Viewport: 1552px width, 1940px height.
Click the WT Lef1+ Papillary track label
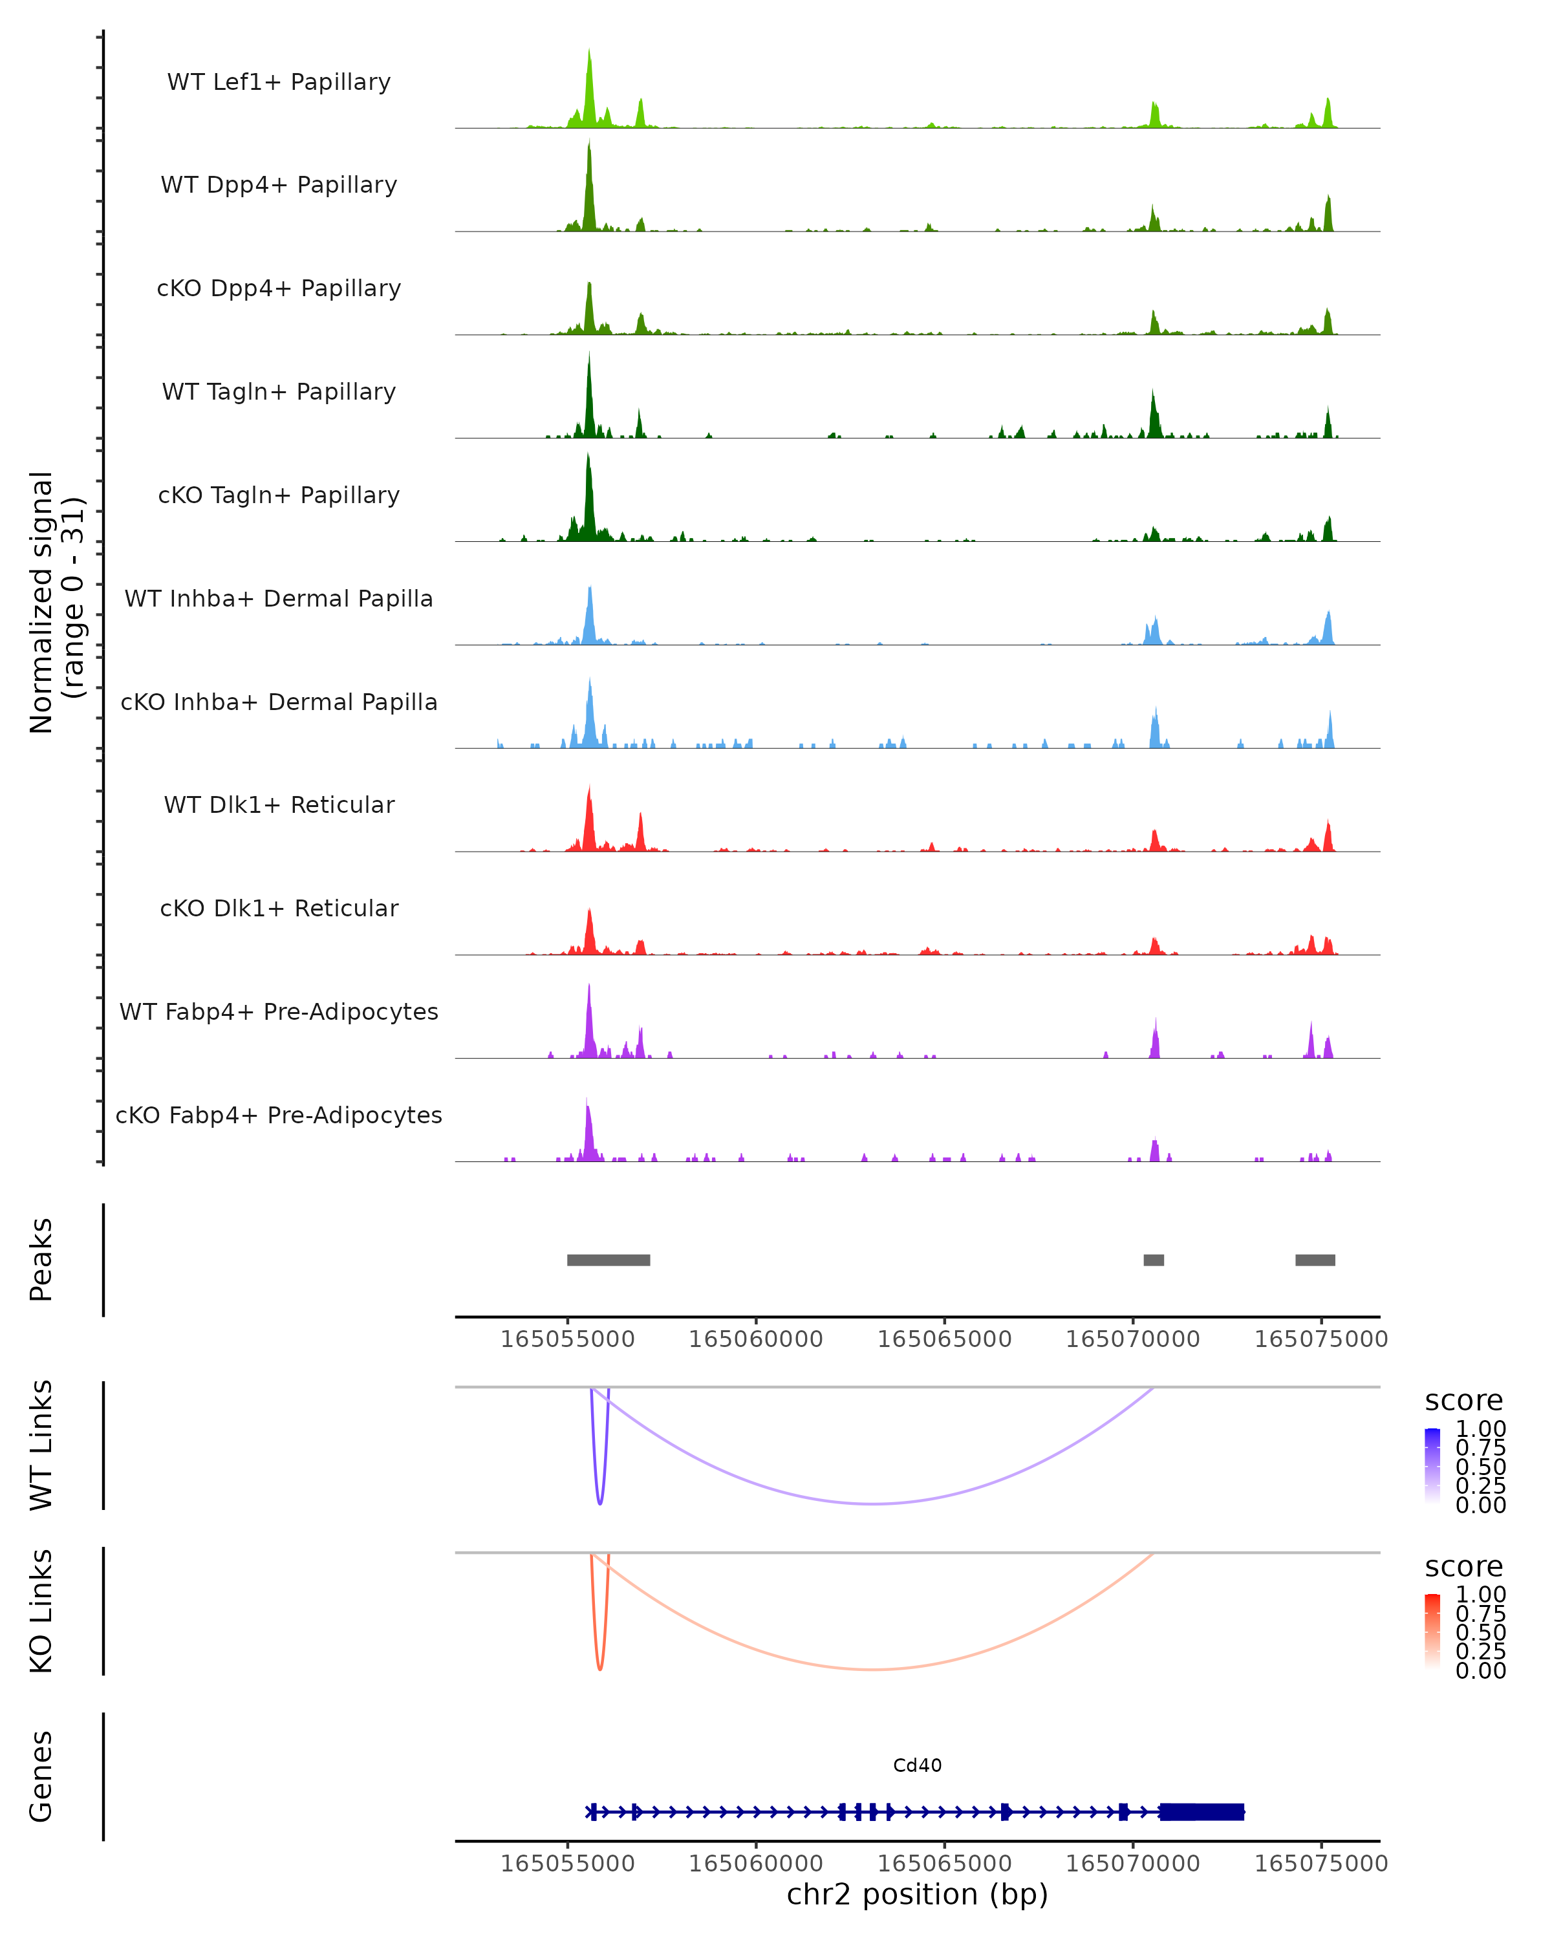(x=279, y=82)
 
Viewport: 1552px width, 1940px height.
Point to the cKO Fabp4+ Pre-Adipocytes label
(x=279, y=1115)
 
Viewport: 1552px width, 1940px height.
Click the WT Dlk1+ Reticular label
(x=279, y=804)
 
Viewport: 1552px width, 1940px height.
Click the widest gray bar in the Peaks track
(x=609, y=1260)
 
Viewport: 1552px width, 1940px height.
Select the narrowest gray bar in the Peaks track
(x=1154, y=1260)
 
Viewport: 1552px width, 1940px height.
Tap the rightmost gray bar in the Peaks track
(x=1315, y=1260)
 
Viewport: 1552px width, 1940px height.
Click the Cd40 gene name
(x=917, y=1765)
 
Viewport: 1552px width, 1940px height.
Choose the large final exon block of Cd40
(x=1201, y=1811)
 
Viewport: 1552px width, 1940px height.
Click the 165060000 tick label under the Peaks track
(x=756, y=1339)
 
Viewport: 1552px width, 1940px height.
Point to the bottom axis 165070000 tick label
(x=1133, y=1864)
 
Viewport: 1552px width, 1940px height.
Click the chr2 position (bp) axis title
(x=917, y=1894)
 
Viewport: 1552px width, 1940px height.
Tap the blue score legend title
(x=1464, y=1400)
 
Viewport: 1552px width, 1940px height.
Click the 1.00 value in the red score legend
(x=1480, y=1593)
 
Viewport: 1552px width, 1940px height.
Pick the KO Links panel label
(x=41, y=1611)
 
